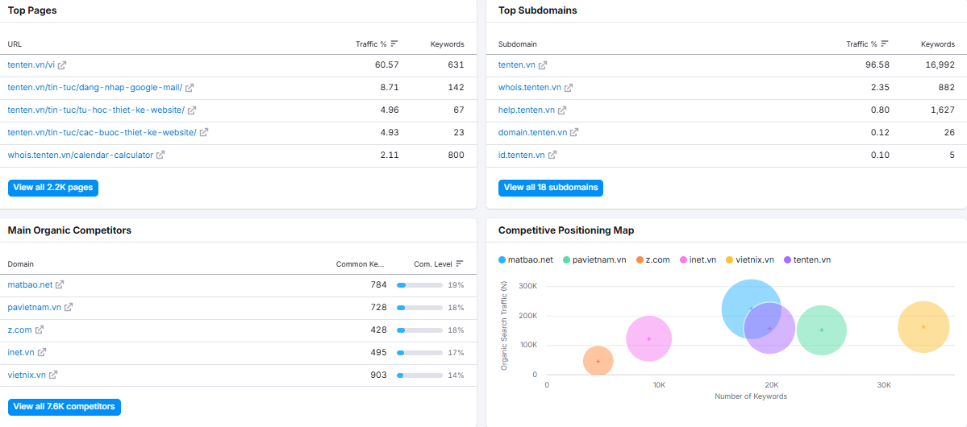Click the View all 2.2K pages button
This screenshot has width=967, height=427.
[53, 188]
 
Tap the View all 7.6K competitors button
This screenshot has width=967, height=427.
[65, 407]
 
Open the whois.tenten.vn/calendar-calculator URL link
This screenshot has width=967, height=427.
[80, 155]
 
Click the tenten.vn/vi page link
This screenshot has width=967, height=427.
[31, 64]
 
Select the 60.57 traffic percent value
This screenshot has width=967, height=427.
[386, 64]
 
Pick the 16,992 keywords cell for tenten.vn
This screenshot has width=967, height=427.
[938, 64]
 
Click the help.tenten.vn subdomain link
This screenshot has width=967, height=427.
[526, 110]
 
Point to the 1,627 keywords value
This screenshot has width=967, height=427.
[942, 110]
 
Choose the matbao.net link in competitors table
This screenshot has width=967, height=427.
[30, 284]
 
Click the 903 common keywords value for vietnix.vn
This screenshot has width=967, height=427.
[379, 375]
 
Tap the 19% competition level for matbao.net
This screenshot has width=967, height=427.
[456, 285]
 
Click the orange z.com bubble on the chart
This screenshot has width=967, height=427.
[598, 361]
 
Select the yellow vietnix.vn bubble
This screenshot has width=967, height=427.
[923, 326]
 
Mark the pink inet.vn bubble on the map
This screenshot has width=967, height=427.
[648, 338]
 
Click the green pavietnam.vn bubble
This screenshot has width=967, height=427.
[822, 330]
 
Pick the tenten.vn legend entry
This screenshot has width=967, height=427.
[807, 260]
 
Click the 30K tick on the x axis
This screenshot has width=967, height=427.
[884, 385]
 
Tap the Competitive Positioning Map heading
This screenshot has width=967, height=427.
[566, 230]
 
